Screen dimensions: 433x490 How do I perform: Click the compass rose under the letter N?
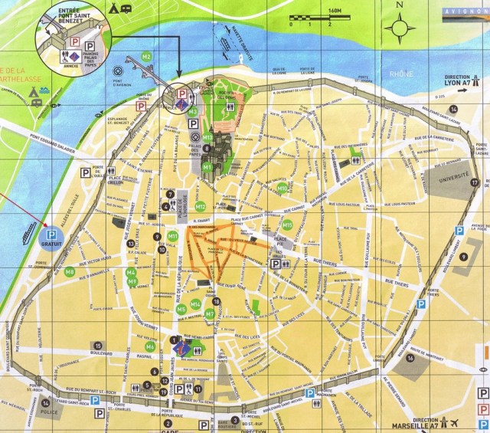(x=400, y=28)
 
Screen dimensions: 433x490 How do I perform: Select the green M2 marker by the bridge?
(x=146, y=57)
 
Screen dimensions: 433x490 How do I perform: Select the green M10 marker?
(x=283, y=188)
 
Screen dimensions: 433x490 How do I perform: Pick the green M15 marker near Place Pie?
(x=288, y=225)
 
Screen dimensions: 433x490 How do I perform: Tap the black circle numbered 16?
(x=410, y=357)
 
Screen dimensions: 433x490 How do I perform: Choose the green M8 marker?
(x=70, y=271)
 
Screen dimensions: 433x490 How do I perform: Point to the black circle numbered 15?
(x=98, y=346)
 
